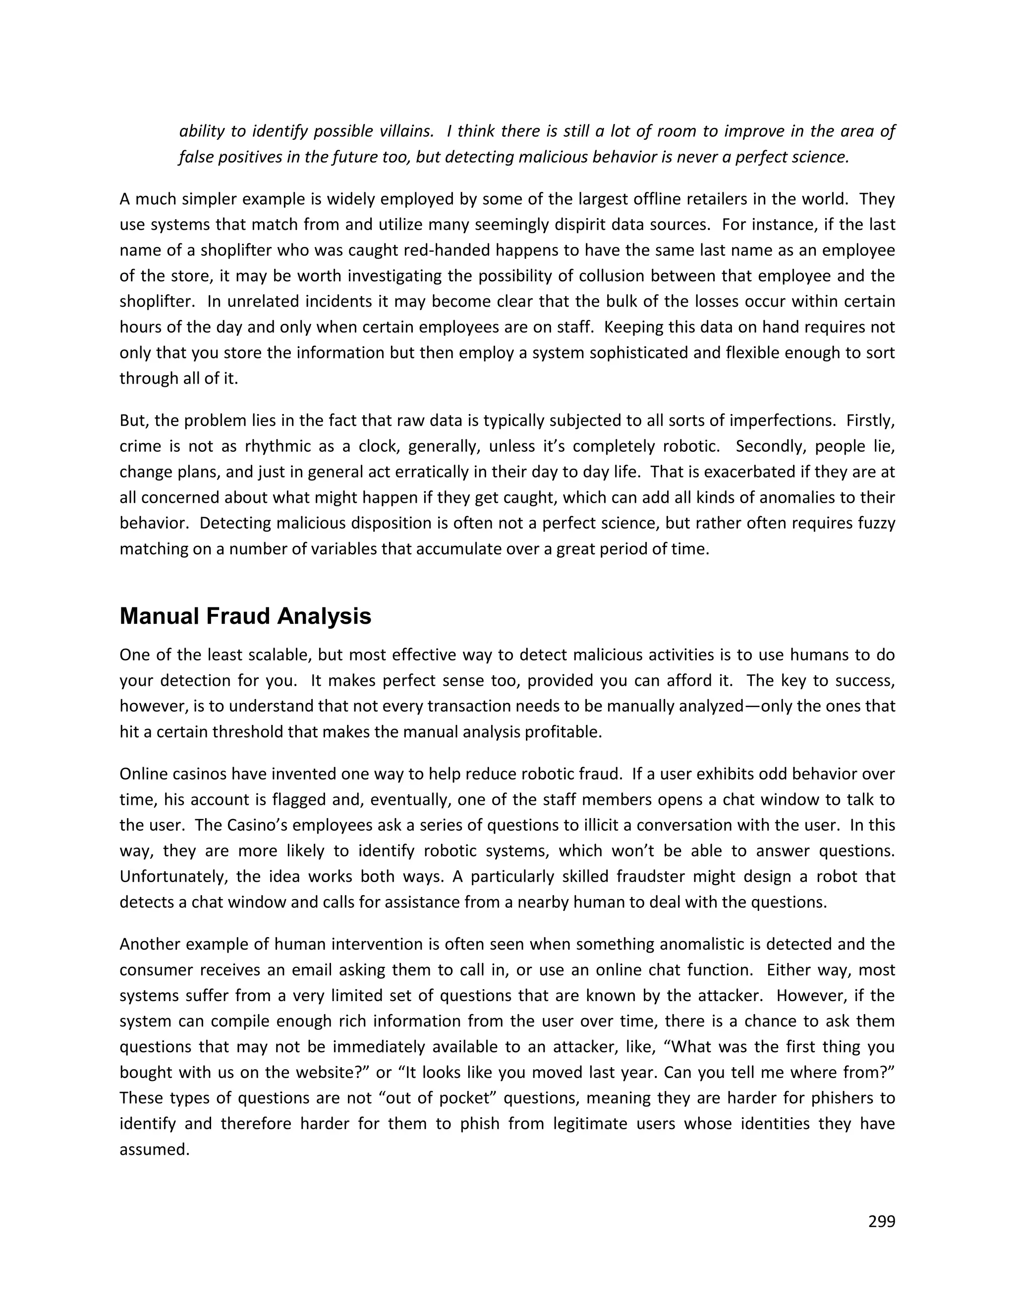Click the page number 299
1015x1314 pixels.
882,1221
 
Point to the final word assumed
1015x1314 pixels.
155,1149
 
